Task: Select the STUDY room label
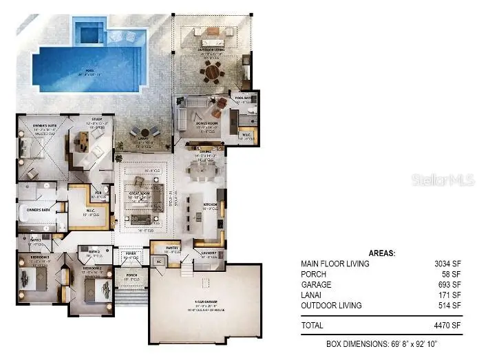[96, 119]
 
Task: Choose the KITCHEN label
[210, 204]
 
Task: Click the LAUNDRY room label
[210, 253]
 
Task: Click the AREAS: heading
[382, 253]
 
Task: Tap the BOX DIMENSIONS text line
[382, 343]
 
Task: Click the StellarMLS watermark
[443, 180]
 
